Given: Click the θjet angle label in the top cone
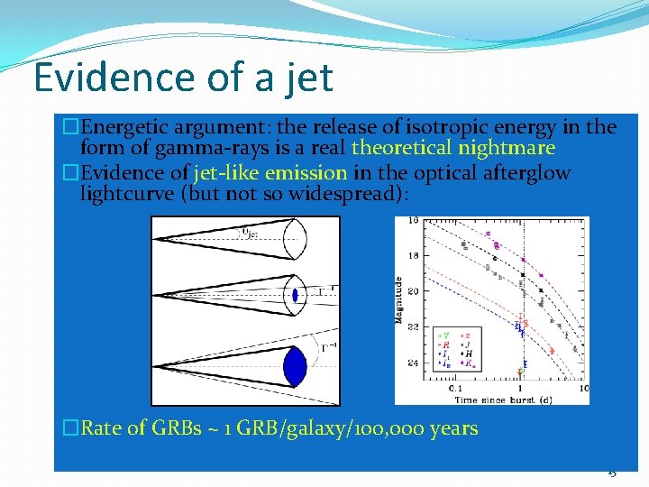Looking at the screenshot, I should [x=250, y=233].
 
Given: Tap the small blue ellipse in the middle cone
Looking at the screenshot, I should [x=295, y=295].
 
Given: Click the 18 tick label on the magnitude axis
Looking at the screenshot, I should [x=413, y=255].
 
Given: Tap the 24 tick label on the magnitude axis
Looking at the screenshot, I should [x=413, y=363].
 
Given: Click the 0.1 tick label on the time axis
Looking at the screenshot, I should [x=456, y=389].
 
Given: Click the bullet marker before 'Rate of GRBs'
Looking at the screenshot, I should [x=71, y=427].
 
